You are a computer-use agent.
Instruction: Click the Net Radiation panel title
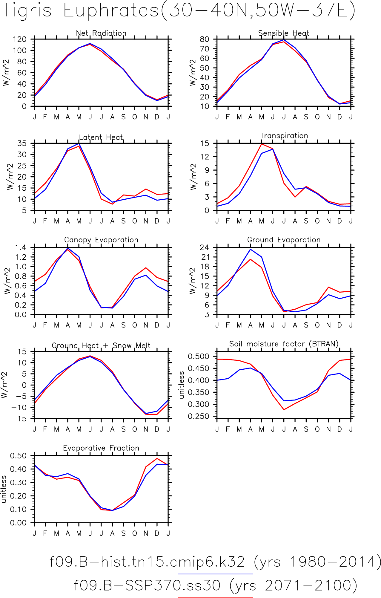tap(101, 33)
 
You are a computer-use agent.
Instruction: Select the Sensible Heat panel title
tap(284, 33)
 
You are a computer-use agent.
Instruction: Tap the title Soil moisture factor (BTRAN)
tap(284, 344)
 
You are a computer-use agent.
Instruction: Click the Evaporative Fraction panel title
tap(101, 448)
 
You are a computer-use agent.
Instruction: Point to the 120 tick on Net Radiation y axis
tap(19, 39)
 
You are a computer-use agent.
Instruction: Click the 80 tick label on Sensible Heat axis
tap(205, 39)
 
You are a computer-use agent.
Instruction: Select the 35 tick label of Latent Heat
tap(22, 143)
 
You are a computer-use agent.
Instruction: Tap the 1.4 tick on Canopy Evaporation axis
tap(20, 247)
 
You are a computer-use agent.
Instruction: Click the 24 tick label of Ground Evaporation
tap(205, 247)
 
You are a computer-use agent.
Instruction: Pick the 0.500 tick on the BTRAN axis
tap(198, 356)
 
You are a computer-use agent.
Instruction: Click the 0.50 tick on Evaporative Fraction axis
tap(18, 456)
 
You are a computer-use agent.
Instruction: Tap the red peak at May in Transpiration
tap(262, 144)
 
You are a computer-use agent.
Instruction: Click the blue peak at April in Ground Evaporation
tap(251, 249)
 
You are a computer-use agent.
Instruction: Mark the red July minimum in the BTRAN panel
tap(284, 409)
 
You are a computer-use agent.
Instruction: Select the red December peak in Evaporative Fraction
tap(157, 458)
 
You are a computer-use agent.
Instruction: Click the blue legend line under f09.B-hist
tap(215, 574)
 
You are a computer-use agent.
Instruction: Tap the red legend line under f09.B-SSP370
tap(215, 597)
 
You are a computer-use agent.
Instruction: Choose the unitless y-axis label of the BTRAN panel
tap(182, 385)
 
